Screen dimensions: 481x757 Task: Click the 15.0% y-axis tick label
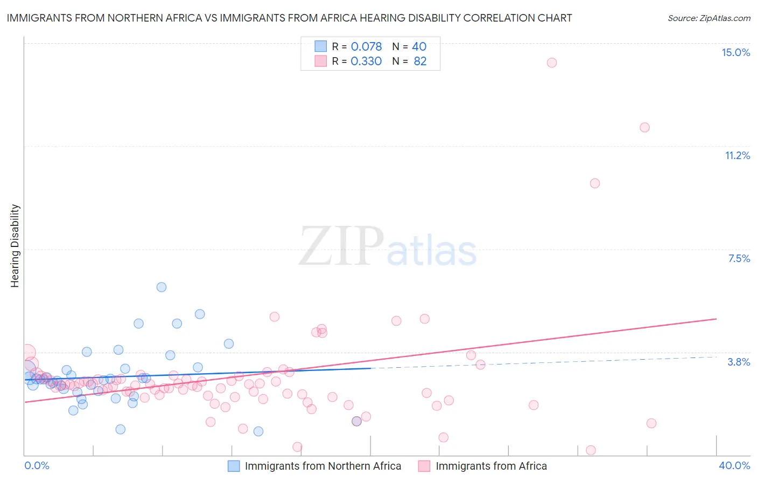coord(735,52)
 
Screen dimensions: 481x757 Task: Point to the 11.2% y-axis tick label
coord(737,155)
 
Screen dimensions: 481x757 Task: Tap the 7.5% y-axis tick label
coord(739,258)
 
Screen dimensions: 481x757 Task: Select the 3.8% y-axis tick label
coord(739,362)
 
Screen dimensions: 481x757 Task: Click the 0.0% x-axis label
coord(37,465)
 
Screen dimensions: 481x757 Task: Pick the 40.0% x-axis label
coord(734,465)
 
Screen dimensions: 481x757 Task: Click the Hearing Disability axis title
coord(15,246)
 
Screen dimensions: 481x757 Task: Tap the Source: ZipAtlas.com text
coord(709,18)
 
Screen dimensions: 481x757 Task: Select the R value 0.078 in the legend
coord(366,46)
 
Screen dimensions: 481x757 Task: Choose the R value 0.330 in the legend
coord(366,61)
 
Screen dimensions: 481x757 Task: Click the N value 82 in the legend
coord(420,61)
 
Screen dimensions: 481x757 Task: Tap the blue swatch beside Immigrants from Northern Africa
coord(234,466)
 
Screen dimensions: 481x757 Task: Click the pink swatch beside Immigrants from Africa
coord(424,466)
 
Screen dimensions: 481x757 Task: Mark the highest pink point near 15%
coord(551,63)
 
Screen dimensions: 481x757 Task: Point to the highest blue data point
coord(162,287)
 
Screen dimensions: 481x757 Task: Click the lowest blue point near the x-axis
coord(258,431)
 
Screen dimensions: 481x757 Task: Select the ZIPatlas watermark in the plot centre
coord(388,246)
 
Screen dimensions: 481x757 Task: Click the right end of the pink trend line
coord(717,319)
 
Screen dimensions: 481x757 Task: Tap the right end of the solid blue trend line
coord(371,368)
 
